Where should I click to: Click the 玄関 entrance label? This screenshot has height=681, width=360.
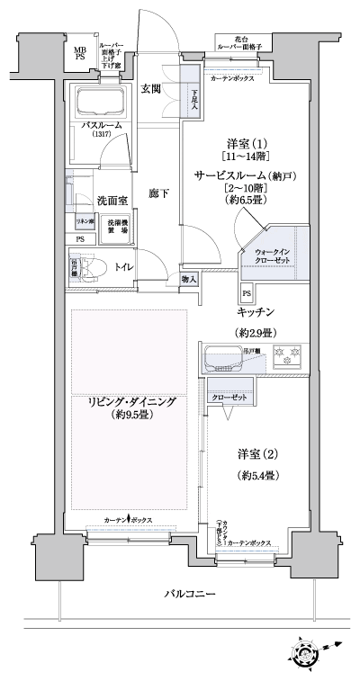point(150,88)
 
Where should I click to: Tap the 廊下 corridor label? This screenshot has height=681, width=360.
point(159,193)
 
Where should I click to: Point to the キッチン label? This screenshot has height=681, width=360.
point(256,312)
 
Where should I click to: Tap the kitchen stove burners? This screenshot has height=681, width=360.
point(287,357)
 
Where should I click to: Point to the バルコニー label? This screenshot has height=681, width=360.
point(188,595)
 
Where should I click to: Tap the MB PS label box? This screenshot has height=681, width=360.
point(81,55)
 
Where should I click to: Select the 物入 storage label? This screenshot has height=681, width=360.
point(190,280)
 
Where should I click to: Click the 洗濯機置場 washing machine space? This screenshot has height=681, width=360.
point(118,227)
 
